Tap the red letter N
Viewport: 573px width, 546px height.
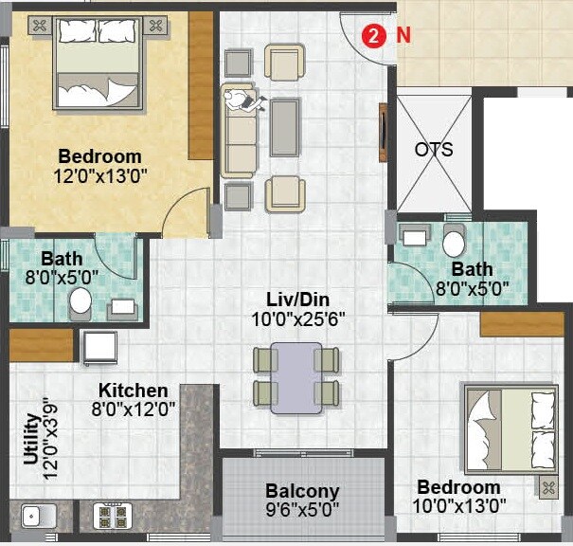(x=403, y=36)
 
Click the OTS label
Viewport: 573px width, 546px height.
(x=433, y=150)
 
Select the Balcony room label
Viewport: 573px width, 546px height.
(x=302, y=491)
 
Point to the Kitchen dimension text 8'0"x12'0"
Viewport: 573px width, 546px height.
(x=134, y=409)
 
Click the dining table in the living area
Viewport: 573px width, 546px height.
(x=295, y=374)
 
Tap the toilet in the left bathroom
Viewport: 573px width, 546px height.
(x=81, y=300)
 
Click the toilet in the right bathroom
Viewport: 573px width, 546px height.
(x=455, y=242)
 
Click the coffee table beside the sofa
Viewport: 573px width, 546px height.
(x=284, y=126)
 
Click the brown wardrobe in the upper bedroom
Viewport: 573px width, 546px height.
(x=201, y=85)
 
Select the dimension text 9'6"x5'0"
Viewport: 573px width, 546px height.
(x=302, y=511)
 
